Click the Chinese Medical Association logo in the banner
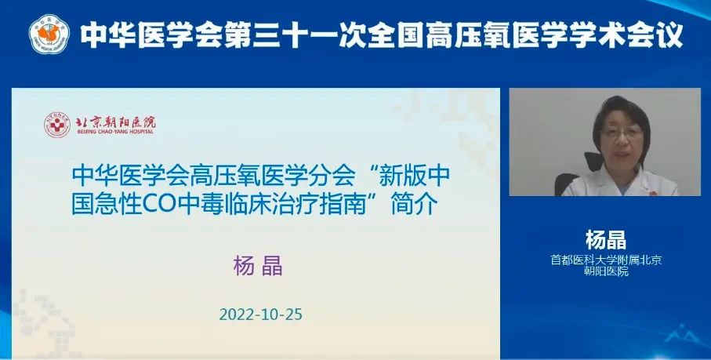coord(49,34)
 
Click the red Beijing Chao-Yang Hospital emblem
coord(56,125)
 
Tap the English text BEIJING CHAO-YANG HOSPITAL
coord(115,132)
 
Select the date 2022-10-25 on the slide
coord(261,315)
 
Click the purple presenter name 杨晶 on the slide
coord(258,267)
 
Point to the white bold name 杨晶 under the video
coord(606,240)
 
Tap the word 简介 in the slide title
coord(415,205)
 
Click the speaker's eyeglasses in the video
coord(622,133)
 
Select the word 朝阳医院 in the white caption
coord(606,271)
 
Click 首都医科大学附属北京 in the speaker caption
coord(606,260)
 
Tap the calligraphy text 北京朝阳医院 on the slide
coord(116,122)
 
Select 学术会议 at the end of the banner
coord(626,35)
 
